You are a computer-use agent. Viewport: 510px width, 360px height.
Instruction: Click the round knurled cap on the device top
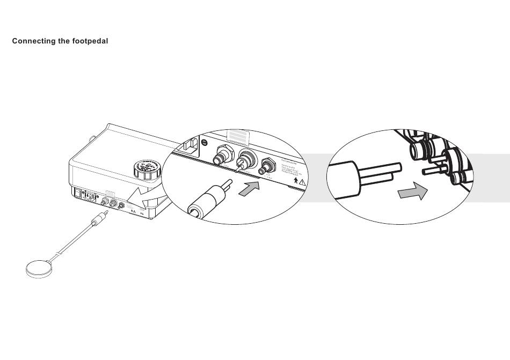pyautogui.click(x=145, y=170)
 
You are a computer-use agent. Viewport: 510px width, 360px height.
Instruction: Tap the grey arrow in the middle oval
pyautogui.click(x=250, y=188)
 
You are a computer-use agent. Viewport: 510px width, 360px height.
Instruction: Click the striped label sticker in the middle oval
pyautogui.click(x=239, y=136)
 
